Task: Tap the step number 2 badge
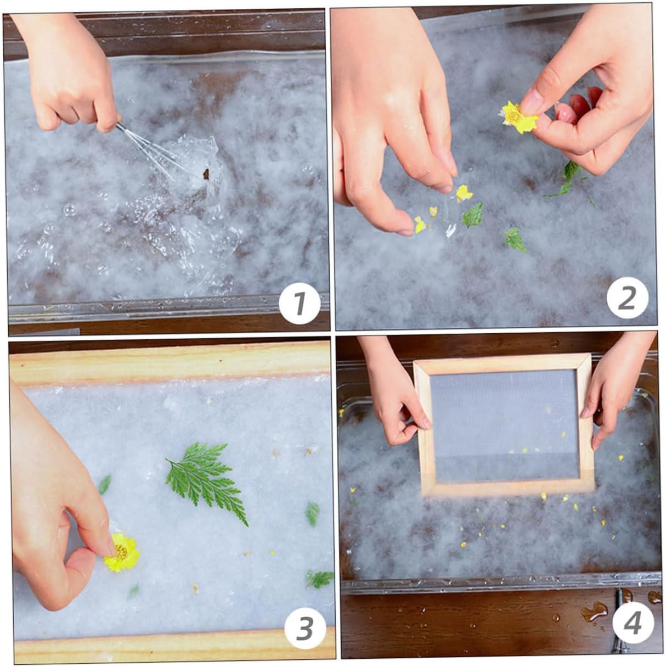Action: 628,298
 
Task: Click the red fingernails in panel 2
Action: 578,104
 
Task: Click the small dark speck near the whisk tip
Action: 206,174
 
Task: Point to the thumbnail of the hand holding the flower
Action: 533,98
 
